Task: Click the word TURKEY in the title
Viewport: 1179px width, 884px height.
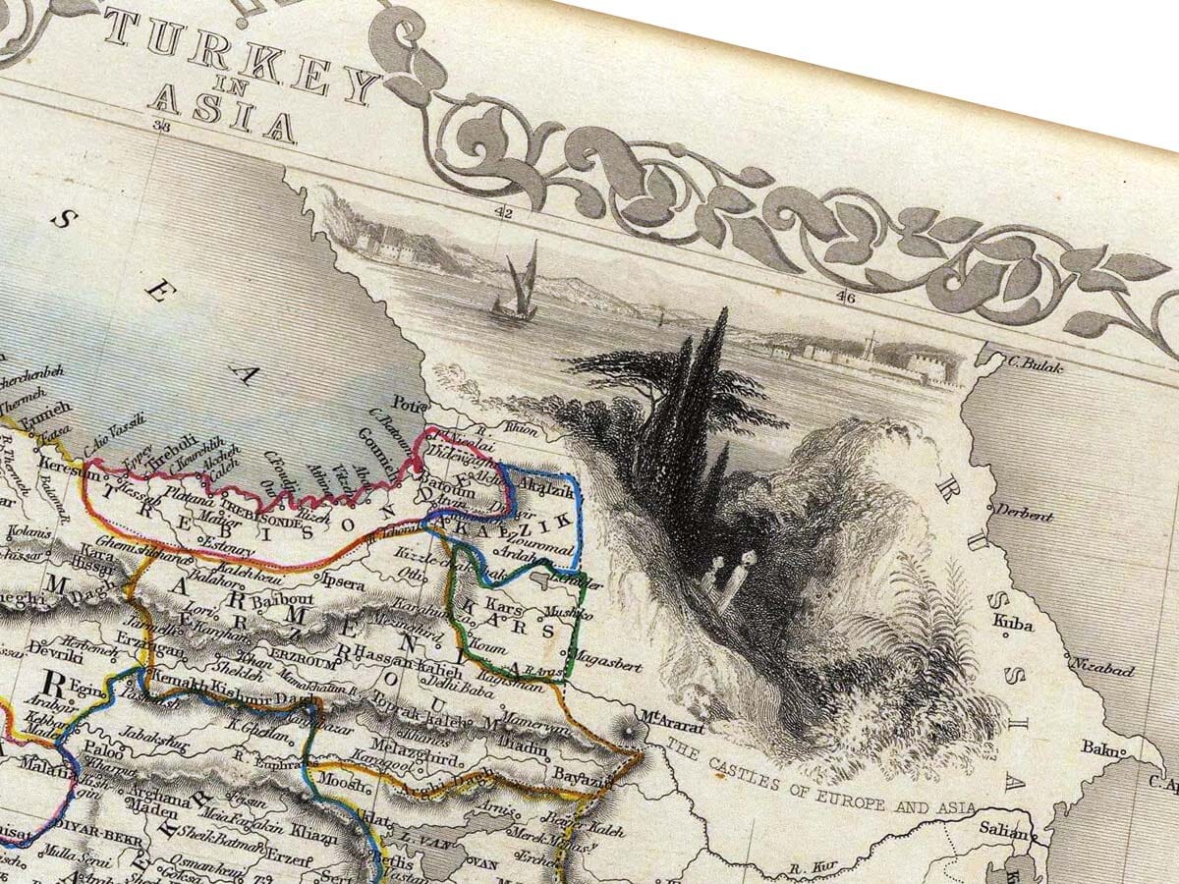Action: pos(242,54)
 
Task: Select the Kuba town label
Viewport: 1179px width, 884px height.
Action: pos(1013,622)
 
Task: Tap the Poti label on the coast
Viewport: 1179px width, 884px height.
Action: pos(405,403)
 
